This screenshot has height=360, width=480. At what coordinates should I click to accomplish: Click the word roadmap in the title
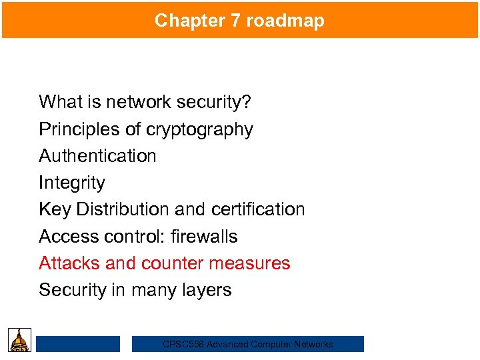[x=285, y=21]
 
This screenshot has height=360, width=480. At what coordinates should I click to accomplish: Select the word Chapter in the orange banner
[x=190, y=21]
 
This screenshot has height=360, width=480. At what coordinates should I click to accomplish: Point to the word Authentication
[x=97, y=156]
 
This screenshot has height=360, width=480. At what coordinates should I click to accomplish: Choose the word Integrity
[x=72, y=183]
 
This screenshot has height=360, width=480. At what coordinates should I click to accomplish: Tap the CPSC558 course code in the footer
[x=183, y=345]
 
